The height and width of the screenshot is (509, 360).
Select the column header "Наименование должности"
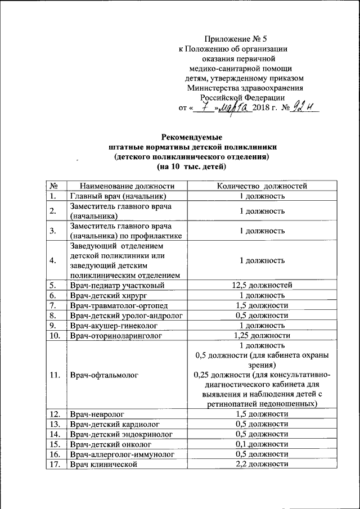pyautogui.click(x=127, y=186)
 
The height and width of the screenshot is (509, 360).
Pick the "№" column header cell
pyautogui.click(x=52, y=186)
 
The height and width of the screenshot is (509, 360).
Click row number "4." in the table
pyautogui.click(x=52, y=260)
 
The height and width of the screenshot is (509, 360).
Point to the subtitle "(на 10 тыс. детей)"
pyautogui.click(x=192, y=167)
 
